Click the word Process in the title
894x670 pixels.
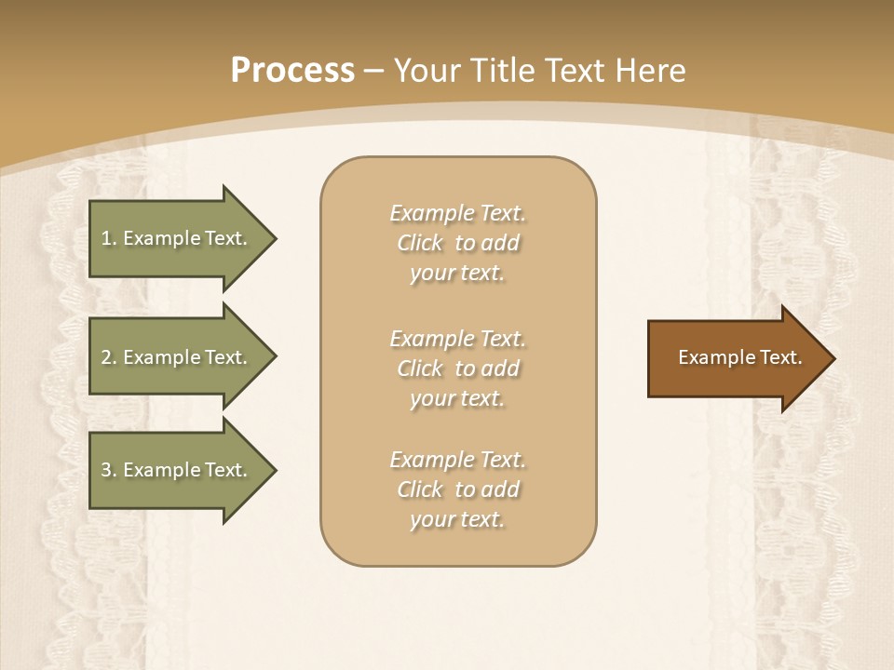click(292, 71)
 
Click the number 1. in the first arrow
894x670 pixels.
click(109, 238)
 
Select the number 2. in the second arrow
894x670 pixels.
click(109, 357)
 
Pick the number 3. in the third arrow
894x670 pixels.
click(109, 470)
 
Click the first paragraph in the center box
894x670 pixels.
click(457, 243)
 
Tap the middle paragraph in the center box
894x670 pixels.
click(457, 368)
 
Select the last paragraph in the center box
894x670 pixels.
click(457, 489)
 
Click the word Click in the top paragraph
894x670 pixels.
click(420, 244)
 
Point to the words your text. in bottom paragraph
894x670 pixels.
click(457, 520)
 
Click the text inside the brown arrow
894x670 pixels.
click(739, 357)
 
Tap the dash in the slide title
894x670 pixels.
click(374, 72)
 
